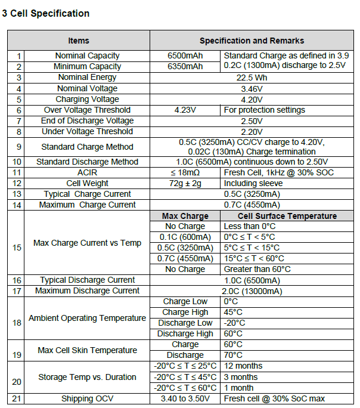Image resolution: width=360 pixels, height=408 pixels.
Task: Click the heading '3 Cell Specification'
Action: click(x=46, y=13)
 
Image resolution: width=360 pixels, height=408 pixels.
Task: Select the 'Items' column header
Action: click(x=78, y=41)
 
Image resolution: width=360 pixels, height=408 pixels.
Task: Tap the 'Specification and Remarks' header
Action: click(x=252, y=41)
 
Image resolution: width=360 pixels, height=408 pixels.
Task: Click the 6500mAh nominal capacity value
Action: click(x=185, y=55)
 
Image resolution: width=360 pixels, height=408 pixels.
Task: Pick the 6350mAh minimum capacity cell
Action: click(x=185, y=66)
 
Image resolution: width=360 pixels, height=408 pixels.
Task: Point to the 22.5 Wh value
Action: click(x=252, y=77)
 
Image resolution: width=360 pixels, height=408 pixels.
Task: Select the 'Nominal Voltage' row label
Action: click(x=87, y=88)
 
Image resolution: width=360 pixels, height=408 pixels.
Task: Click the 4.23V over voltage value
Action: click(x=185, y=110)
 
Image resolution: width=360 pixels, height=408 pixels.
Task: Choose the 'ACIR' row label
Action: click(x=87, y=172)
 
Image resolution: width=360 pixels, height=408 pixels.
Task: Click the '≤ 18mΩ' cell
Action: click(x=185, y=172)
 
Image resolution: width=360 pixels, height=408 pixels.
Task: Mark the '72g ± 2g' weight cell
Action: click(x=185, y=183)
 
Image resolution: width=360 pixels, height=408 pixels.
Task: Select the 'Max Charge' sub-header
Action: click(x=185, y=216)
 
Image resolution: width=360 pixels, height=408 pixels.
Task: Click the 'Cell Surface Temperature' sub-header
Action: click(x=287, y=216)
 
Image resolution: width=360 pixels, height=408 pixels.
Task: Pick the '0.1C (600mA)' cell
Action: click(x=185, y=237)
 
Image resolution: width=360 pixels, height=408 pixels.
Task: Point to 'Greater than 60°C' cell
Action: click(x=257, y=269)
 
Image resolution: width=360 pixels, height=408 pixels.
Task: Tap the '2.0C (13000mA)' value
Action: click(x=252, y=290)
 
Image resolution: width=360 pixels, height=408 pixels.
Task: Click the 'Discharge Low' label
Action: click(x=185, y=323)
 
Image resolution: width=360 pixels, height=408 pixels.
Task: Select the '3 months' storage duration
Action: click(x=241, y=376)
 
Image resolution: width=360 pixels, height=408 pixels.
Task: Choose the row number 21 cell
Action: click(x=16, y=398)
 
